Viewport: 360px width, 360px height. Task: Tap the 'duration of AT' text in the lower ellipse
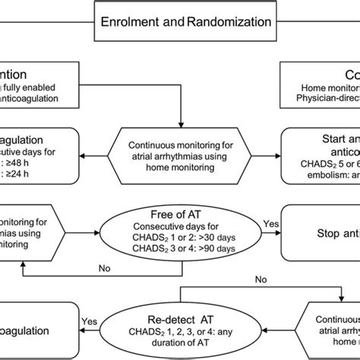point(181,342)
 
